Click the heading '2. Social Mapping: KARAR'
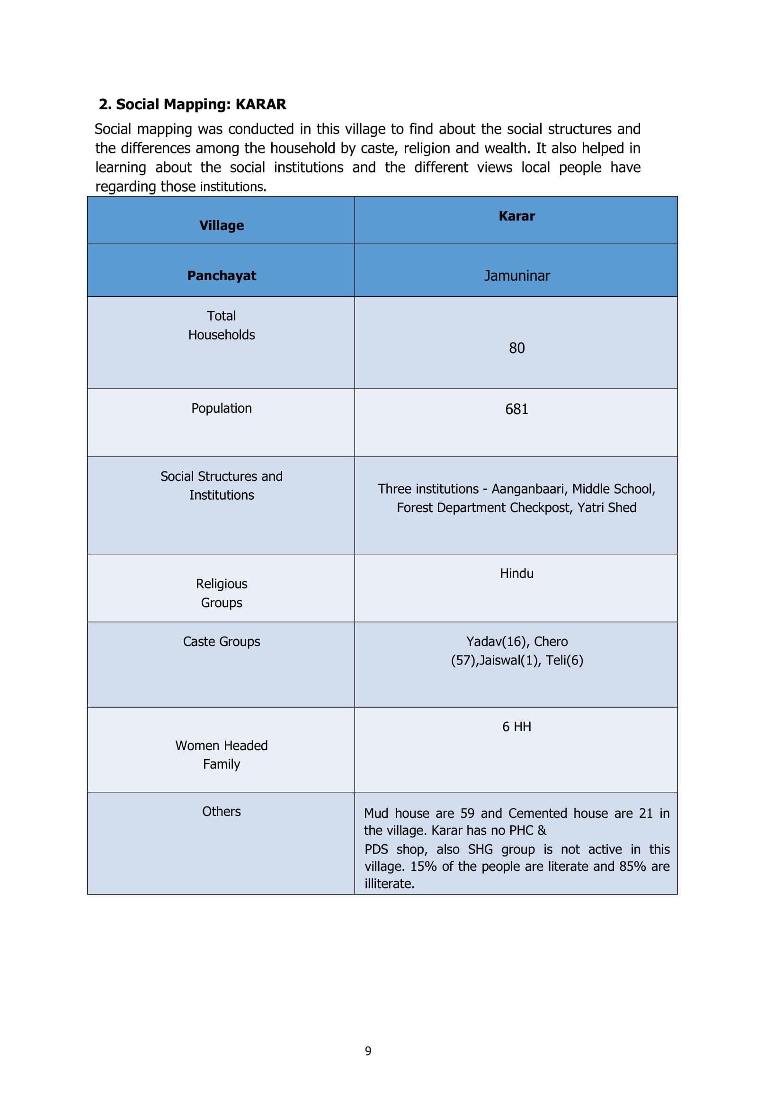pyautogui.click(x=192, y=105)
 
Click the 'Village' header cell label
pyautogui.click(x=221, y=226)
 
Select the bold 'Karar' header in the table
pyautogui.click(x=516, y=216)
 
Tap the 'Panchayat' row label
pyautogui.click(x=221, y=276)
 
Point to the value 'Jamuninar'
pyautogui.click(x=516, y=276)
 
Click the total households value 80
pyautogui.click(x=516, y=348)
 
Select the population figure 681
pyautogui.click(x=516, y=409)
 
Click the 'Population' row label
pyautogui.click(x=221, y=408)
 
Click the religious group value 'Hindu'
pyautogui.click(x=516, y=573)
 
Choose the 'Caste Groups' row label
pyautogui.click(x=221, y=641)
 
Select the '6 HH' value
pyautogui.click(x=516, y=726)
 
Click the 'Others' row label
pyautogui.click(x=221, y=812)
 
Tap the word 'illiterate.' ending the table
pyautogui.click(x=390, y=883)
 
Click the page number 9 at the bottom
pyautogui.click(x=368, y=1051)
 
